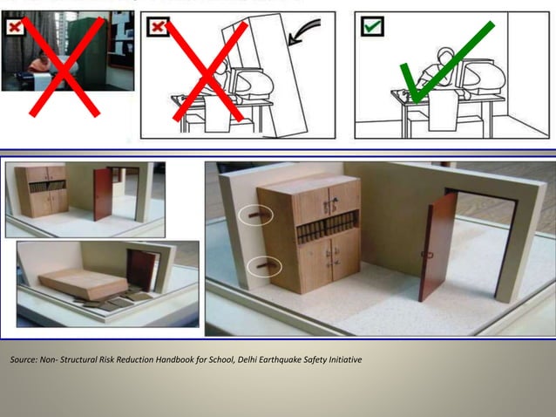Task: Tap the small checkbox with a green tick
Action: click(372, 27)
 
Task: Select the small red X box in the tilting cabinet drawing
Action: click(158, 27)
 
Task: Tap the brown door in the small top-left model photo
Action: click(102, 194)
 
